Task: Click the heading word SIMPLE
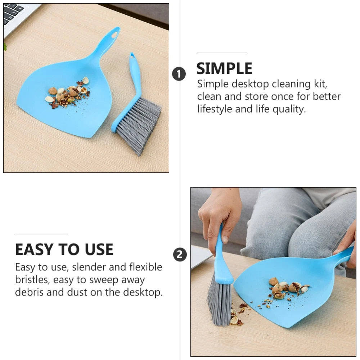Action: click(224, 68)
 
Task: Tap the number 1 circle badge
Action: click(179, 74)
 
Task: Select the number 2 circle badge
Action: click(180, 255)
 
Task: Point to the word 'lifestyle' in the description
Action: click(215, 109)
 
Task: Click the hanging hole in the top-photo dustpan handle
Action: click(114, 34)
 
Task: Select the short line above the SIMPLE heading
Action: click(222, 53)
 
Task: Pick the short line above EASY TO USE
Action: click(41, 234)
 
